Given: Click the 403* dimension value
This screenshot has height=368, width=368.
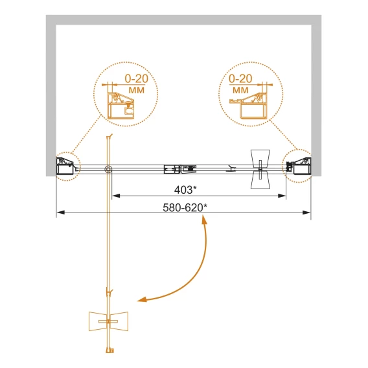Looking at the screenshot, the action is [x=185, y=190].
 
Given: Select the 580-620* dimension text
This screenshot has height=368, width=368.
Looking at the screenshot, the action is [x=185, y=207].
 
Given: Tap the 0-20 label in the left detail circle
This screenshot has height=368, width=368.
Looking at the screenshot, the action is [x=136, y=79].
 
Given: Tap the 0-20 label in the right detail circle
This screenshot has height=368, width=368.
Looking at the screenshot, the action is [x=240, y=79].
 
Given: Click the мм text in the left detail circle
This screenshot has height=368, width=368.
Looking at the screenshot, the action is [x=137, y=90].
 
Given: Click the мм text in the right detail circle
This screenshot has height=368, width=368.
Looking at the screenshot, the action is [x=240, y=90].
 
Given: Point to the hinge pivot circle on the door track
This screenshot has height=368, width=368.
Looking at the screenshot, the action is [x=108, y=169].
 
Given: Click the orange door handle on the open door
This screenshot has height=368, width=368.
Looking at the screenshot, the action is [x=108, y=321].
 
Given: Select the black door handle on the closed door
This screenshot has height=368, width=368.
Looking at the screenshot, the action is [x=260, y=169].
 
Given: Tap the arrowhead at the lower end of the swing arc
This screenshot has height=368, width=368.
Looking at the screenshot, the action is [x=142, y=300].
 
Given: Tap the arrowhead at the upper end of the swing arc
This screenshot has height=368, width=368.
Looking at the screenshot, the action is [x=205, y=221].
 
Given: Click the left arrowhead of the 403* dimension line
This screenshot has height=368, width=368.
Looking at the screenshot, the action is [x=116, y=196].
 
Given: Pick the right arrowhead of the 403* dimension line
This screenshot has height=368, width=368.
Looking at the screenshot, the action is [x=282, y=196].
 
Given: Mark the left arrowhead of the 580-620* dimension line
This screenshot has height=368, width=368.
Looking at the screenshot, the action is [x=60, y=213].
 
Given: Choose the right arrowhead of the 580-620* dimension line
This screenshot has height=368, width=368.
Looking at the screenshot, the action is [x=306, y=213].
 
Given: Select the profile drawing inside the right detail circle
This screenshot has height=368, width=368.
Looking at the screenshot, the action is [x=248, y=106].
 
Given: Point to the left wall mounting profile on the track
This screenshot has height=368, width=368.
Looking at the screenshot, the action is [x=65, y=166].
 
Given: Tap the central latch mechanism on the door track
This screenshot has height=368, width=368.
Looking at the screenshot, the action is [x=180, y=169].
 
